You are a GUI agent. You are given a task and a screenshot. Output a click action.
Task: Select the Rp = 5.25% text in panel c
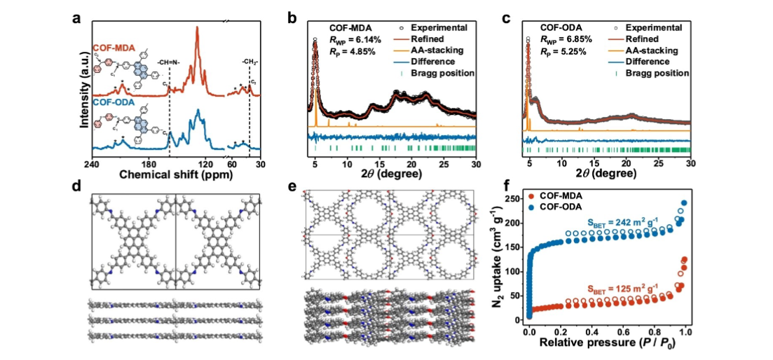(556, 50)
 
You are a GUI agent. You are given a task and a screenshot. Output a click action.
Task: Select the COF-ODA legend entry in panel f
(574, 208)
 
